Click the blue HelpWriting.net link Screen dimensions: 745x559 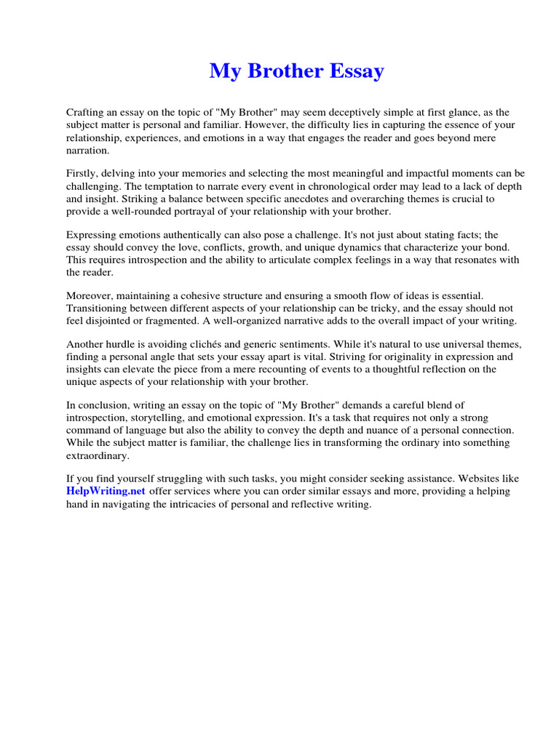106,491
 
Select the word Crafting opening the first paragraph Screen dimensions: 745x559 87,113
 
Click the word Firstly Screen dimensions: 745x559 84,174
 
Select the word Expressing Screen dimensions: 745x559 92,235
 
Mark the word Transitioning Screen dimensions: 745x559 99,308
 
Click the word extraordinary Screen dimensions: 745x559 97,455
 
